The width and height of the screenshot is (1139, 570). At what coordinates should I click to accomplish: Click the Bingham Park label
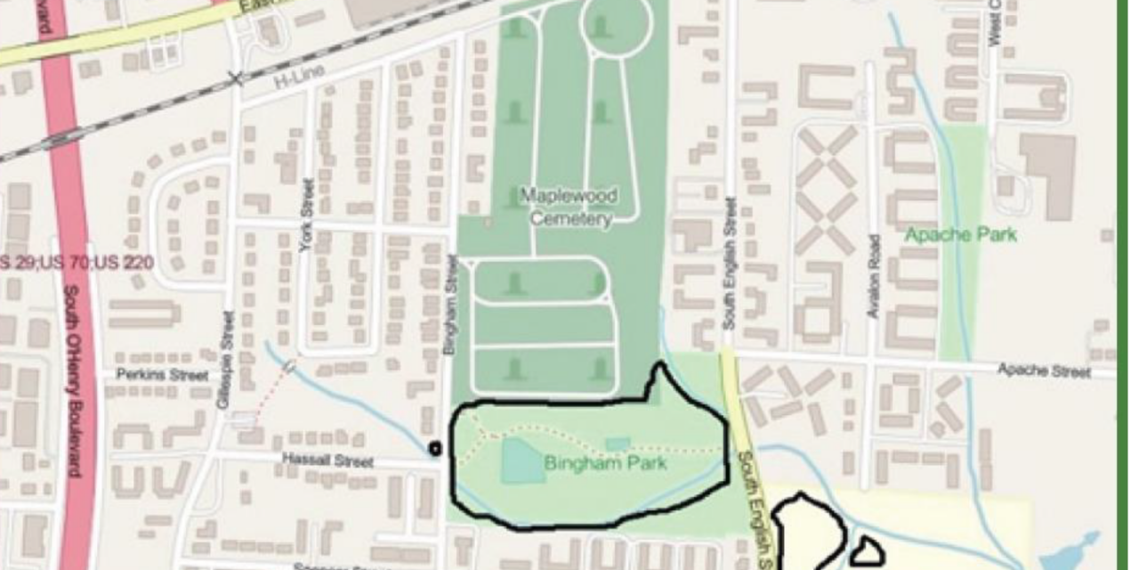pos(605,464)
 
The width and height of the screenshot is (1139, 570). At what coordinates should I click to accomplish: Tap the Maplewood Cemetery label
pos(569,207)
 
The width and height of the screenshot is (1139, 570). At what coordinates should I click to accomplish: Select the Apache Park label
pos(960,235)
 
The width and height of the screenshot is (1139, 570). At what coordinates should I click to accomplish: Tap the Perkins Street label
pos(161,375)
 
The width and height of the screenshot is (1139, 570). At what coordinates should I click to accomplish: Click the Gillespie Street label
pos(225,360)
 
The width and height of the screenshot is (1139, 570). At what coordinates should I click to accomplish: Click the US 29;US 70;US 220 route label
pos(76,263)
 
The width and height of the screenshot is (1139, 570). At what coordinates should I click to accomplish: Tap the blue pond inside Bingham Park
pos(522,461)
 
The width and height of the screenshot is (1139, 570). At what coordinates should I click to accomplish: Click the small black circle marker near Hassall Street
pos(435,449)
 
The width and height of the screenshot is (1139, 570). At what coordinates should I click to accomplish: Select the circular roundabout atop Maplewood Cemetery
pos(616,27)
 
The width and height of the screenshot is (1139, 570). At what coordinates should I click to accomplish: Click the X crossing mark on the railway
pos(235,79)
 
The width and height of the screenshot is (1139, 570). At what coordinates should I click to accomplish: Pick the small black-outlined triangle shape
pos(866,552)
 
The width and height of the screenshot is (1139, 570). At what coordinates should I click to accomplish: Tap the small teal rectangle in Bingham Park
pos(617,444)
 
